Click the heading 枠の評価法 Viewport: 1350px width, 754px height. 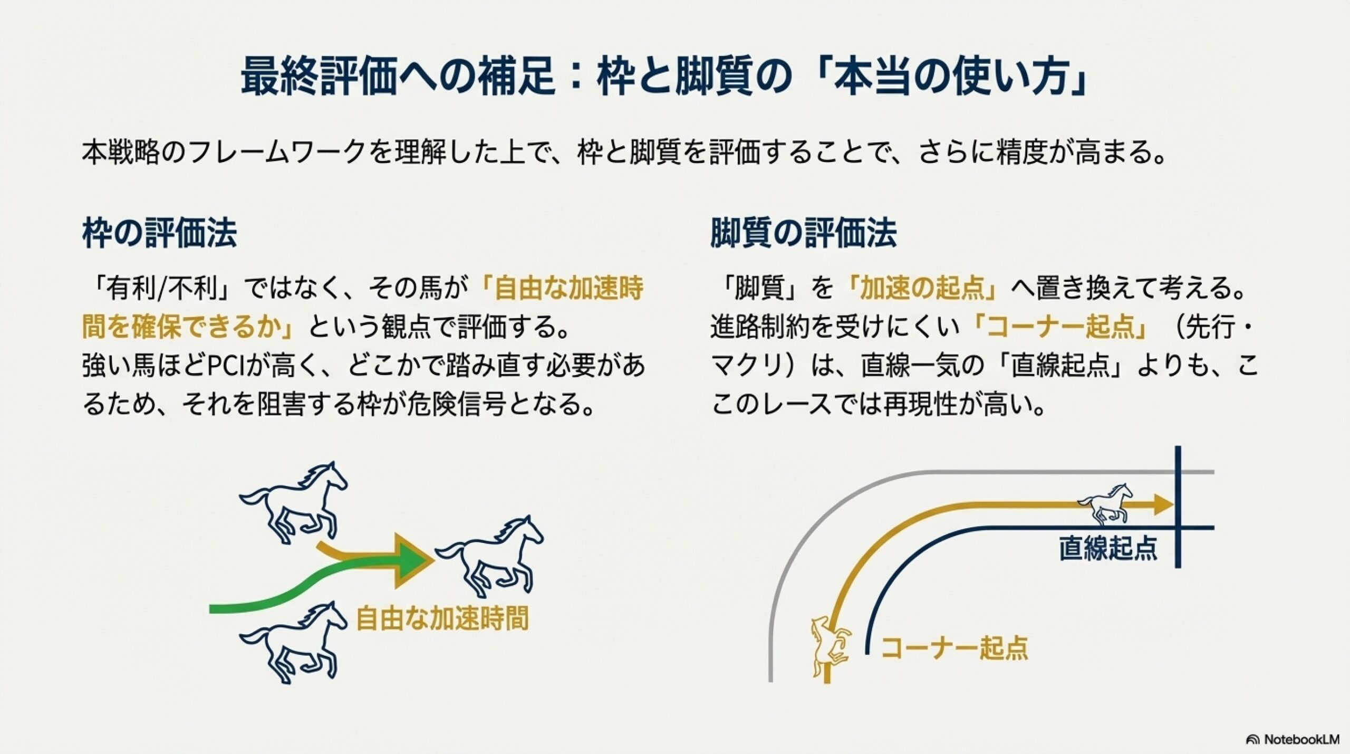coord(159,234)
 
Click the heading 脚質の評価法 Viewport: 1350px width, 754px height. coord(803,234)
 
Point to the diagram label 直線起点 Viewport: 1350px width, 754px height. coord(1108,548)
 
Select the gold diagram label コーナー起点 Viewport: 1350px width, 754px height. coord(954,647)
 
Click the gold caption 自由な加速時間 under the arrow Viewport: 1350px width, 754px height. coord(442,618)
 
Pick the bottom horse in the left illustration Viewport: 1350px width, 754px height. coord(294,642)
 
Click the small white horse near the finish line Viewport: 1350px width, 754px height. coord(1104,503)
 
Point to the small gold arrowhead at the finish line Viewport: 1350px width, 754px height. coord(1163,504)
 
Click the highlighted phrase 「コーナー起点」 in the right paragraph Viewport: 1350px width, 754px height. coord(1059,328)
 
